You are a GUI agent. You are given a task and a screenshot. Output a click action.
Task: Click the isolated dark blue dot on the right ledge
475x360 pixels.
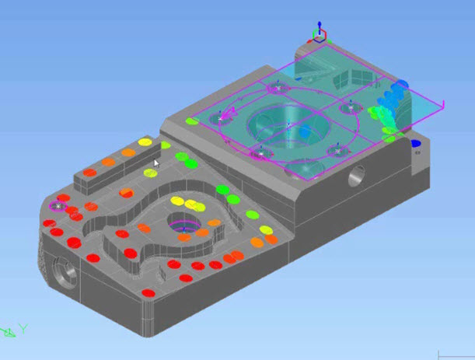tap(415, 143)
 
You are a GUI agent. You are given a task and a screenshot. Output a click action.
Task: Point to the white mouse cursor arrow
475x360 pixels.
tap(156, 163)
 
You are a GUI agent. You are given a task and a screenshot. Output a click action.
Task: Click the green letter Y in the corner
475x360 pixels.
tap(23, 329)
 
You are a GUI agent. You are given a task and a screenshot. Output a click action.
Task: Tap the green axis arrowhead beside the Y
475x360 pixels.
tap(9, 333)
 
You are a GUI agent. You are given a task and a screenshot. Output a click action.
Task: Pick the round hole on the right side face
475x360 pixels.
tap(357, 174)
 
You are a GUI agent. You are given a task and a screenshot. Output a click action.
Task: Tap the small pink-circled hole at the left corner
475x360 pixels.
tap(57, 205)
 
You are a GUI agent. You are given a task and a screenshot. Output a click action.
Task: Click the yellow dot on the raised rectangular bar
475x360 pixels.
tap(144, 142)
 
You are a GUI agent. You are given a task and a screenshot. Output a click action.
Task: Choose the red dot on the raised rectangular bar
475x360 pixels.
tap(90, 172)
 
